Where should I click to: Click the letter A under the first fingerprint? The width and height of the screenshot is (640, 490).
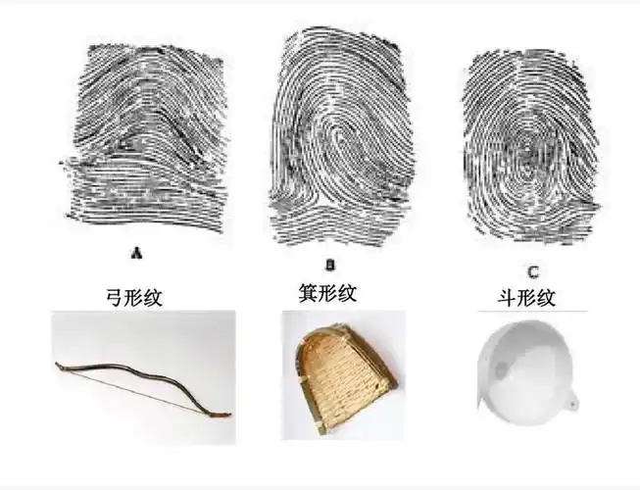pyautogui.click(x=137, y=252)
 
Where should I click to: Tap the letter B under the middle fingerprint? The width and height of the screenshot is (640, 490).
pyautogui.click(x=330, y=264)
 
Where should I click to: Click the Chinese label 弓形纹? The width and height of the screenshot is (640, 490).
pyautogui.click(x=135, y=297)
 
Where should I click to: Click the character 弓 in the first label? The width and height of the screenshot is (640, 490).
pyautogui.click(x=115, y=297)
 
